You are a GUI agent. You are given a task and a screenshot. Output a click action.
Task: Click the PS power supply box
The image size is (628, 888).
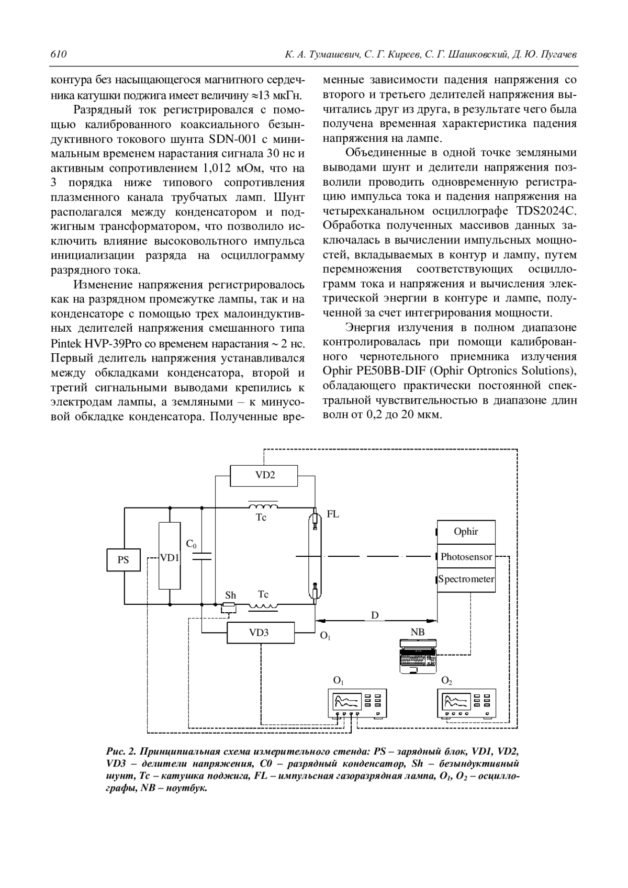124,559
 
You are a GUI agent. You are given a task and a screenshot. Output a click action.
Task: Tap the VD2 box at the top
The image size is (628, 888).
265,475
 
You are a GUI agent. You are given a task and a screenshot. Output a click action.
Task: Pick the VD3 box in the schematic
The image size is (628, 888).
260,632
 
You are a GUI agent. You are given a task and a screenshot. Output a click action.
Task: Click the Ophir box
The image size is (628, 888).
466,532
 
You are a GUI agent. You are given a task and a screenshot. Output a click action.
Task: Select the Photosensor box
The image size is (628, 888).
466,557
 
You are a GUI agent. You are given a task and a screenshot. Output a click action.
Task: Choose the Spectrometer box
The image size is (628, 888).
466,579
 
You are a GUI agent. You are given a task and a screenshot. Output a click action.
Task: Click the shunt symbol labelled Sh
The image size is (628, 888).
228,607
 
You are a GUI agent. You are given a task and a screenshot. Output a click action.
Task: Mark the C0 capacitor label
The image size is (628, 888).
192,544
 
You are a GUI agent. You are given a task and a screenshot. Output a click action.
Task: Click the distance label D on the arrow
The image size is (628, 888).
375,615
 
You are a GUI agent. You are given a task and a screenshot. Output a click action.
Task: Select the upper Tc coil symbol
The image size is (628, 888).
263,507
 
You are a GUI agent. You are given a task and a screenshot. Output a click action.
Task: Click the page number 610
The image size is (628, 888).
58,54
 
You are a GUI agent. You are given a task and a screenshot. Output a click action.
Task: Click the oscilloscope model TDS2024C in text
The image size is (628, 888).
546,211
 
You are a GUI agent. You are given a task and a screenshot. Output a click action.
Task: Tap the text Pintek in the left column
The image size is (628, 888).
66,344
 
